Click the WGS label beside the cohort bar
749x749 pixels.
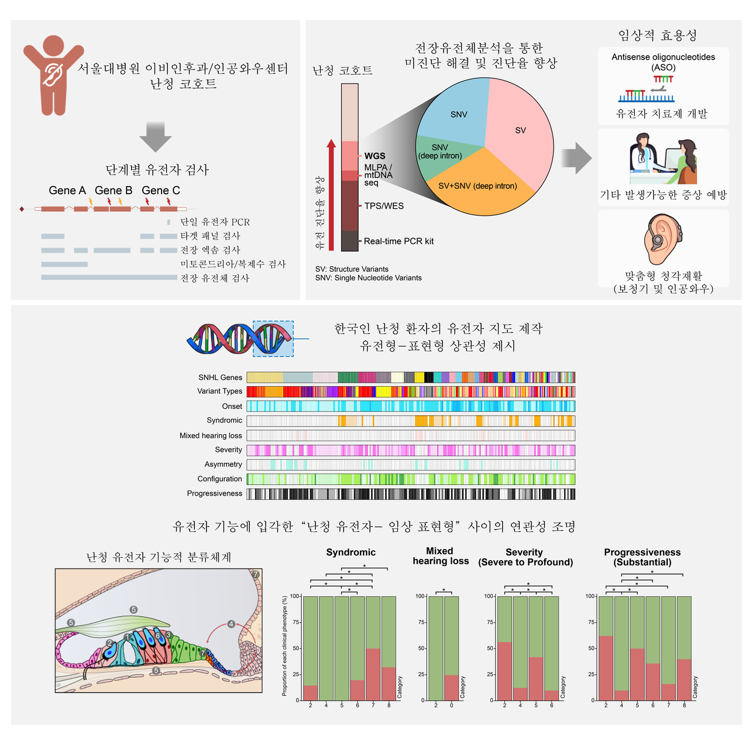(x=375, y=156)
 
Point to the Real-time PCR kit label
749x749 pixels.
(x=398, y=241)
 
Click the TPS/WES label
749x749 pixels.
(x=384, y=206)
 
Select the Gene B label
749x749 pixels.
(x=114, y=191)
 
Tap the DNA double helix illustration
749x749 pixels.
(x=240, y=339)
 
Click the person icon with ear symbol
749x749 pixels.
(x=53, y=74)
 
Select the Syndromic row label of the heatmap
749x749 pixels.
(x=224, y=420)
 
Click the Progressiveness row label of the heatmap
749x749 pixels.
(x=214, y=493)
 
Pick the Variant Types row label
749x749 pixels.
(x=219, y=391)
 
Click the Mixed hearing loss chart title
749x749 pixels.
(x=440, y=556)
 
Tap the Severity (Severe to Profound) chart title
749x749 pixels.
(x=525, y=557)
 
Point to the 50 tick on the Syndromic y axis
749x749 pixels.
(x=296, y=648)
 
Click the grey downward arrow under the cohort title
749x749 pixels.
(x=155, y=137)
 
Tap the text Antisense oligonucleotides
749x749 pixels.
(x=663, y=57)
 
